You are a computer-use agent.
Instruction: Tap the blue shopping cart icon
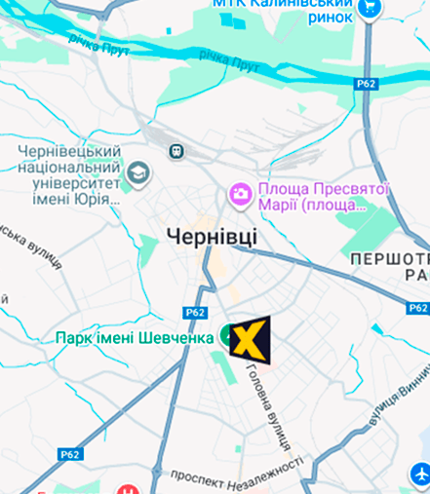coord(370,9)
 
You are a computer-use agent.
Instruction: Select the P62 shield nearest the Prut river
coord(367,85)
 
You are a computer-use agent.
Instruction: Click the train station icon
coord(176,151)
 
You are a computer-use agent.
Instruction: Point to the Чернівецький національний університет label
coord(69,176)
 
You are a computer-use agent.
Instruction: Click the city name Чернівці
coord(213,236)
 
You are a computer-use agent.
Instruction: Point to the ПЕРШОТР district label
coord(389,268)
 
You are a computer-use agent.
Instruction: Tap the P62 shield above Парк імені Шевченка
coord(195,313)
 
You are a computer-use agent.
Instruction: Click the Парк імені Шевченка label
coord(135,338)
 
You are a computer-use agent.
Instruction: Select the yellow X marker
coord(251,339)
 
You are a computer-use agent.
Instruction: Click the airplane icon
coord(420,475)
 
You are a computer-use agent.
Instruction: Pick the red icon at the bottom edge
coord(127,487)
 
